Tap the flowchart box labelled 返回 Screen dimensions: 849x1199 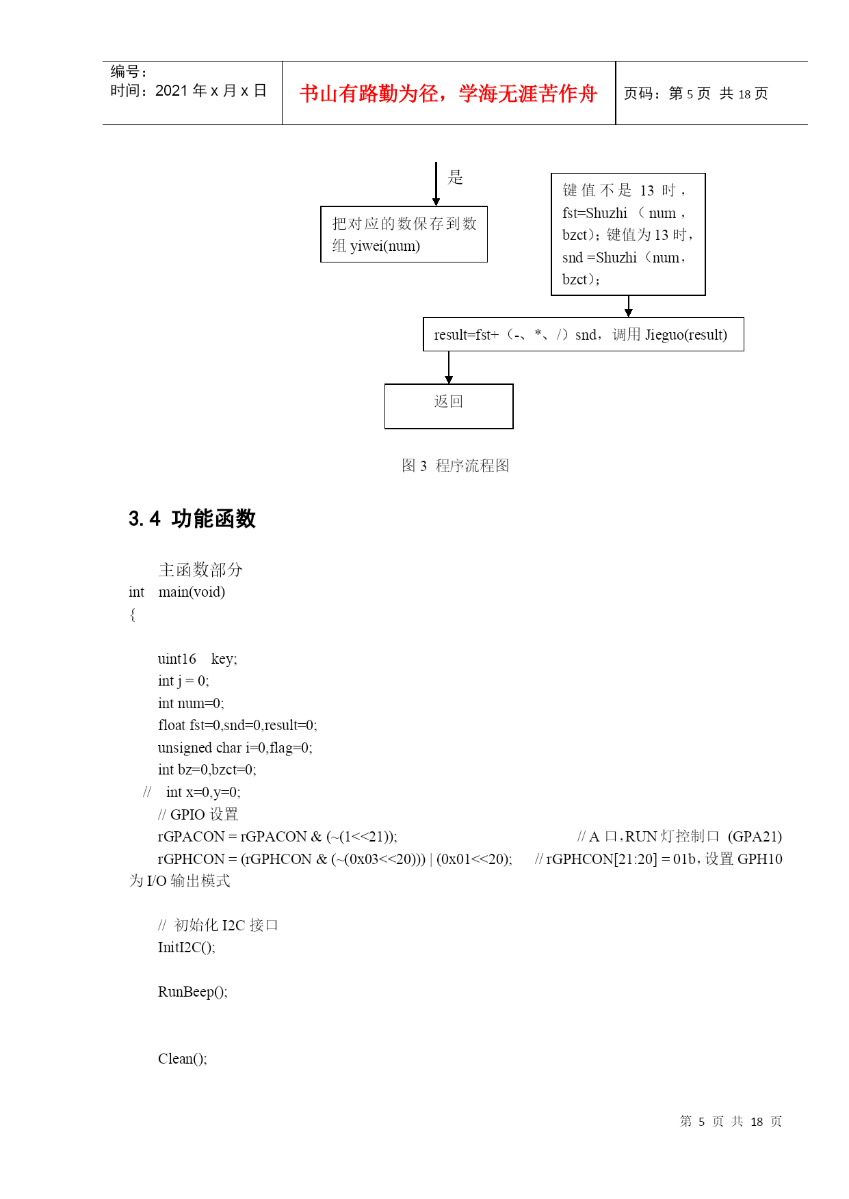pyautogui.click(x=449, y=406)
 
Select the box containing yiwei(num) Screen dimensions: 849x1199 pyautogui.click(x=404, y=234)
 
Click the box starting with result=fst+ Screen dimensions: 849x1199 pyautogui.click(x=584, y=334)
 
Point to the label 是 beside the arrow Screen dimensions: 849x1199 pyautogui.click(x=456, y=178)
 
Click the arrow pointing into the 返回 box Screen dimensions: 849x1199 pyautogui.click(x=449, y=368)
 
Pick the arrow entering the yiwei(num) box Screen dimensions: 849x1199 pyautogui.click(x=436, y=184)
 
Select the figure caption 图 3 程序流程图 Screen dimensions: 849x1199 pyautogui.click(x=455, y=466)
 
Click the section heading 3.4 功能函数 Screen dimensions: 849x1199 pyautogui.click(x=192, y=519)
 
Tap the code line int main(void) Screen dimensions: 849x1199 pyautogui.click(x=177, y=592)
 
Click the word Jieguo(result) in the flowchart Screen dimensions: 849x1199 pyautogui.click(x=686, y=335)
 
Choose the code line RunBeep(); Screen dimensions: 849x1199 pyautogui.click(x=192, y=992)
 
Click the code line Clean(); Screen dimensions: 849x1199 pyautogui.click(x=182, y=1059)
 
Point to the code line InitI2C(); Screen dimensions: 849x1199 pyautogui.click(x=186, y=947)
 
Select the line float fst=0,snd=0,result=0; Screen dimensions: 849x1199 pyautogui.click(x=237, y=725)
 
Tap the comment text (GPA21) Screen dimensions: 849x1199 pyautogui.click(x=755, y=837)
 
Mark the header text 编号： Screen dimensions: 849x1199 pyautogui.click(x=129, y=72)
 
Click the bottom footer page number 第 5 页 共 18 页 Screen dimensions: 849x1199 pyautogui.click(x=731, y=1121)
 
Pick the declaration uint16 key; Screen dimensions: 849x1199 pyautogui.click(x=197, y=659)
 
